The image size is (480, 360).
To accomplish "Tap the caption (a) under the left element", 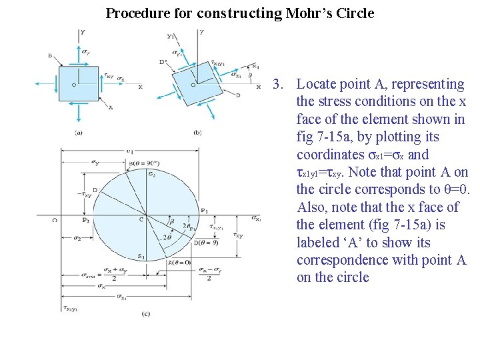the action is (79, 133).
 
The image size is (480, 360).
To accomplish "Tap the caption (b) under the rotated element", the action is (198, 133).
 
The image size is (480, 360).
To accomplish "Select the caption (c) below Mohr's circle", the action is (145, 313).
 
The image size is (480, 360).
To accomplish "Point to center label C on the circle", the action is (141, 219).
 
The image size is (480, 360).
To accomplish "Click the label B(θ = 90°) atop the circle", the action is (143, 163).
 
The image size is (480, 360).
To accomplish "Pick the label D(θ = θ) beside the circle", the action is (205, 243).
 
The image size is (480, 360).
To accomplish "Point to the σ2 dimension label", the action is (77, 238).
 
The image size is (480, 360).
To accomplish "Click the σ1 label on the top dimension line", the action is (131, 151).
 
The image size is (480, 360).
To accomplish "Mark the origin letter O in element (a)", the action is (73, 85).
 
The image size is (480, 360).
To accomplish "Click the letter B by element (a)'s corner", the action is (50, 56).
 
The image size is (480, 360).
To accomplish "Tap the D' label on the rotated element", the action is (163, 62).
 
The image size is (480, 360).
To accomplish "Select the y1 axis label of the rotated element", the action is (171, 37).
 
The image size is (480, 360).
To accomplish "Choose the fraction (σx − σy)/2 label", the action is (208, 274).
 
